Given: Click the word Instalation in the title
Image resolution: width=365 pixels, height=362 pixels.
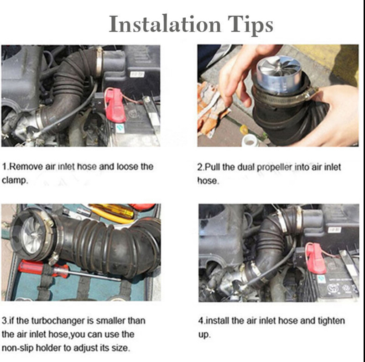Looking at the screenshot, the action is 165,24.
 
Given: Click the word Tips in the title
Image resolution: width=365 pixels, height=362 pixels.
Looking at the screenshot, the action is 250,26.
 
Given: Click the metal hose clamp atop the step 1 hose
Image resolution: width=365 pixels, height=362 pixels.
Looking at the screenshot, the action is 99,62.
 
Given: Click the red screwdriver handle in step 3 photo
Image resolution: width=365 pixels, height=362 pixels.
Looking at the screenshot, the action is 43,268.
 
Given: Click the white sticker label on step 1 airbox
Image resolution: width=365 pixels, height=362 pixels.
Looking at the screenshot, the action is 137,74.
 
